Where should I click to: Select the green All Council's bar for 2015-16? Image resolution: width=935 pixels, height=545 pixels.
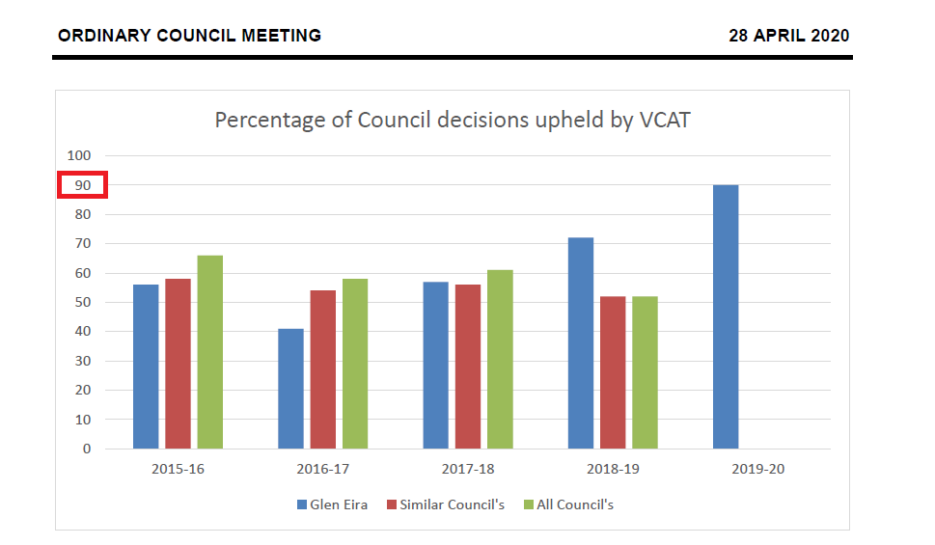click(210, 352)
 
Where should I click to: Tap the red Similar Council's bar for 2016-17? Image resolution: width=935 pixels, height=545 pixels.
click(322, 369)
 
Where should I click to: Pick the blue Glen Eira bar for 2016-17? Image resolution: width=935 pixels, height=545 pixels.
click(290, 389)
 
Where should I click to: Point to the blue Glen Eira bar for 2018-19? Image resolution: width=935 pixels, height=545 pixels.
click(581, 342)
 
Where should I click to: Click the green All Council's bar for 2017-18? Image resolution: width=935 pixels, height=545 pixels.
click(500, 359)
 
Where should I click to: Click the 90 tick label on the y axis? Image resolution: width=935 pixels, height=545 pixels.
click(82, 185)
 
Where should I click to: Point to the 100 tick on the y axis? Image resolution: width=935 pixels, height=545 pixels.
click(79, 155)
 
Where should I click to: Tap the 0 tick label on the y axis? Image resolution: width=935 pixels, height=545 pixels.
click(87, 449)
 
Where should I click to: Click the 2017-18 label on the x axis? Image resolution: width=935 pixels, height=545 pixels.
click(468, 470)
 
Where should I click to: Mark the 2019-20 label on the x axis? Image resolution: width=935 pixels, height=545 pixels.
click(757, 470)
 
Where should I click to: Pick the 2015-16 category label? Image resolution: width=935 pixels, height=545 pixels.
click(179, 470)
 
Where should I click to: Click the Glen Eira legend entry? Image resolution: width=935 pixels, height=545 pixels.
click(339, 504)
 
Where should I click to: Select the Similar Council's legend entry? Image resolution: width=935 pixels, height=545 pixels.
click(453, 504)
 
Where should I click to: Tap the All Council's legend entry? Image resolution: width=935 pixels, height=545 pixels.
click(574, 504)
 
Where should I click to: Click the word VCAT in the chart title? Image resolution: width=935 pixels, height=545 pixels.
click(662, 121)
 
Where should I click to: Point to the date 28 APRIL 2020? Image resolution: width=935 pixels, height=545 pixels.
click(789, 36)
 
